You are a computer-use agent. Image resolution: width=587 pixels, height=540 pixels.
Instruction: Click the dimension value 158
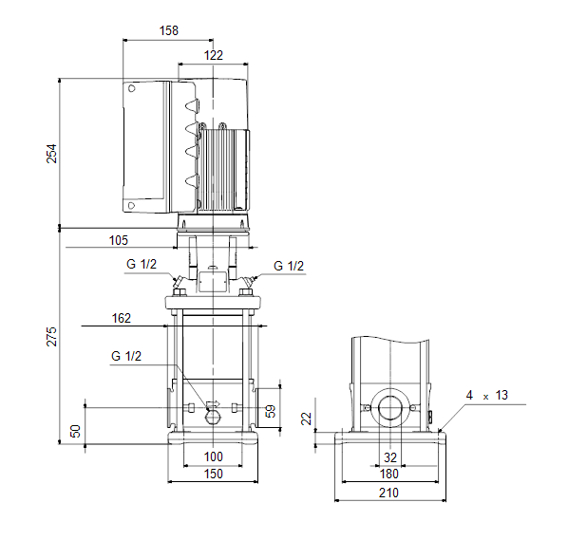(169, 30)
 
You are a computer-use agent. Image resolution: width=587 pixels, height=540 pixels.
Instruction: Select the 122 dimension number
(214, 55)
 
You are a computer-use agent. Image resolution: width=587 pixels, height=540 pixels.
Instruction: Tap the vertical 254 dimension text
(51, 154)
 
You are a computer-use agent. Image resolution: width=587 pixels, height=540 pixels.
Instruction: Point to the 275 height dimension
(51, 336)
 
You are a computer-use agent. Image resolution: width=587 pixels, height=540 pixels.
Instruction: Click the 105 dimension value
(119, 240)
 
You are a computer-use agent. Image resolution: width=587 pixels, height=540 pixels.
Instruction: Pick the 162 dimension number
(122, 318)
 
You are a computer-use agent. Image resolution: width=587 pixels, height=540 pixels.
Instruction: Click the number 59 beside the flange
(270, 411)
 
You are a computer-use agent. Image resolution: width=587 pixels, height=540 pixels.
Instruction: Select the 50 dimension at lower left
(76, 431)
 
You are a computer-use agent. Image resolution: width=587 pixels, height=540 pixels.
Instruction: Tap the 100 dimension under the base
(214, 456)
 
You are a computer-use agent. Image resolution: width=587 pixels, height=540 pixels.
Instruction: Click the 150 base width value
(214, 474)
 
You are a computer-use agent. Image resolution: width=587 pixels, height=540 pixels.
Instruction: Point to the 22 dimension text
(307, 419)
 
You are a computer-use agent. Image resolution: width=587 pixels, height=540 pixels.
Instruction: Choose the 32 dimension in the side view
(390, 457)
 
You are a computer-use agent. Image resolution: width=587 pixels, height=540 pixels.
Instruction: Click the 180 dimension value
(389, 474)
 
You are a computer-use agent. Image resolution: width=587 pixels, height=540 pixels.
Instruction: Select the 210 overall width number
(388, 493)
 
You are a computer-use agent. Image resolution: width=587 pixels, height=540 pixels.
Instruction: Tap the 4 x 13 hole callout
(487, 396)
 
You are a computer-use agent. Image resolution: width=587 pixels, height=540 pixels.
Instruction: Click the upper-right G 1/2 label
(289, 266)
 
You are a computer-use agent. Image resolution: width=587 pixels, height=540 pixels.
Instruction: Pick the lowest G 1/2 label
(126, 356)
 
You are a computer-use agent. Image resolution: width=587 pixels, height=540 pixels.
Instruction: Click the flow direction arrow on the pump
(214, 403)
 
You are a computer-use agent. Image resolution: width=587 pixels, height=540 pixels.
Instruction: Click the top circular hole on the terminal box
(131, 88)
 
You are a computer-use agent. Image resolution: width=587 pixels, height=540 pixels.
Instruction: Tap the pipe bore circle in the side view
(390, 408)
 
